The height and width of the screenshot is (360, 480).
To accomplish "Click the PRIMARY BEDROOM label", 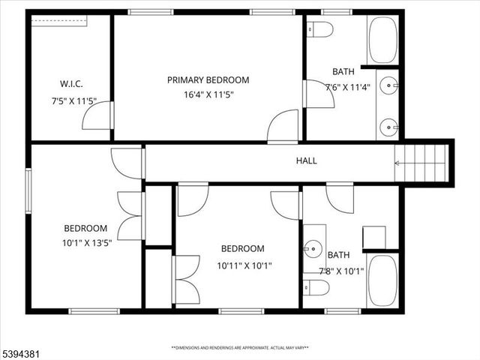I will (x=208, y=80).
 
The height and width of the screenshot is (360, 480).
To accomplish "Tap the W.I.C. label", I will (x=70, y=83).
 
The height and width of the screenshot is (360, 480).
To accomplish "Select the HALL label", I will (x=306, y=160).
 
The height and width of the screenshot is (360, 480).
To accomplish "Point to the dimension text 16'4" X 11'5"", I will (x=208, y=95).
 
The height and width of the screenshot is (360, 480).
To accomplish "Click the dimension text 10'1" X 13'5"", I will (x=87, y=242).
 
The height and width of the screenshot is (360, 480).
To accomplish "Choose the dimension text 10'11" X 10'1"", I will (x=244, y=265).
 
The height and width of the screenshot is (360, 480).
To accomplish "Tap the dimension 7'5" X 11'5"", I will (x=70, y=99).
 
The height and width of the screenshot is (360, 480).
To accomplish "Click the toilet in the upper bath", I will (x=321, y=29).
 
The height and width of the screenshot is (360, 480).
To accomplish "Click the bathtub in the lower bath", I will (x=383, y=280).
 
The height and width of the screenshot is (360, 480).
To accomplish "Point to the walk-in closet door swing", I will (x=97, y=116).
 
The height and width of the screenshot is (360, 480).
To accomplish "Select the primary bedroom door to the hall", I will (x=283, y=126).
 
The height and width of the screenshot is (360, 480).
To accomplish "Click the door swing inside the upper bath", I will (x=318, y=94).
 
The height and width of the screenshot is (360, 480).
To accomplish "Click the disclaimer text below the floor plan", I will (x=240, y=348).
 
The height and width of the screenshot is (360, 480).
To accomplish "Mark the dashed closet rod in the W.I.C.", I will (x=61, y=21).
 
